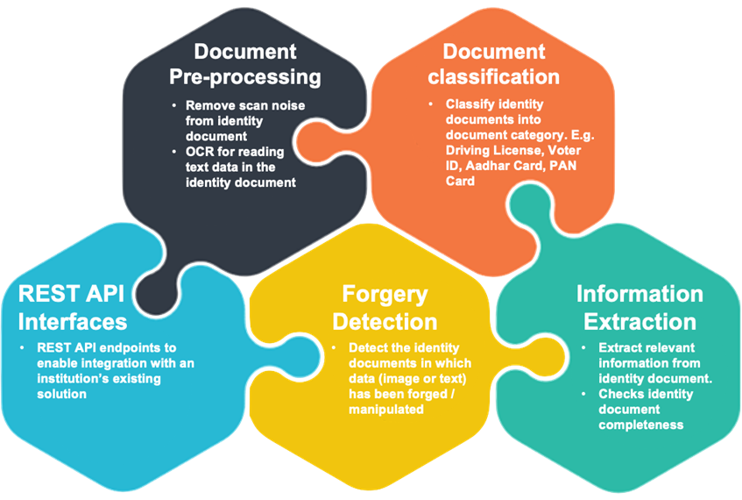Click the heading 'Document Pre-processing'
(x=245, y=64)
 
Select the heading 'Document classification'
(x=493, y=64)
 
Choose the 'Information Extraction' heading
(x=640, y=306)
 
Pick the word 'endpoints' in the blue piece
(x=137, y=347)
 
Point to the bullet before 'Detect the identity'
(x=332, y=348)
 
